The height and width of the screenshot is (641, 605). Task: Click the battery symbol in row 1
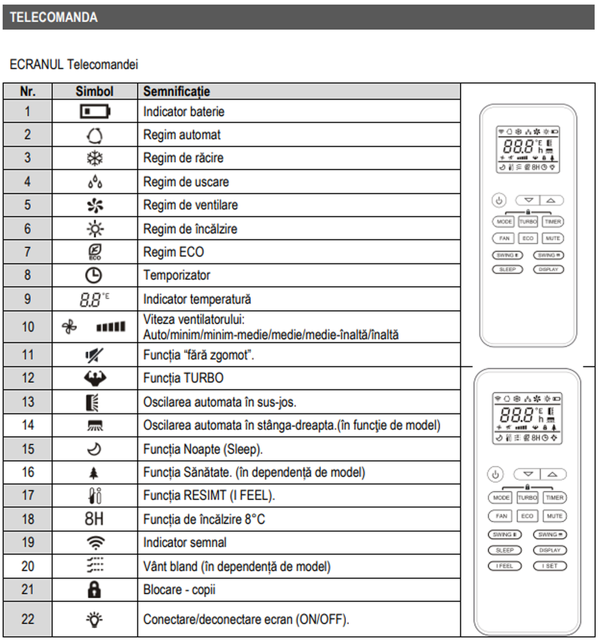coord(95,112)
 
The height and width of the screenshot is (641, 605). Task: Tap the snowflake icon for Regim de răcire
coord(95,158)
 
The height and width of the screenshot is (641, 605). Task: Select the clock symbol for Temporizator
coord(93,275)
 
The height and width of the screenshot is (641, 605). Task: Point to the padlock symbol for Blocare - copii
coord(94,590)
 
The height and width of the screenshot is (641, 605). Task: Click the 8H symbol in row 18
coord(94,519)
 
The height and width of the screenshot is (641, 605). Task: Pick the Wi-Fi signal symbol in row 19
coord(95,543)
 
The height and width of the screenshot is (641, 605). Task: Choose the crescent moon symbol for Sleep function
coord(94,449)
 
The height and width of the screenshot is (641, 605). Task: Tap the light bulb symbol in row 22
coord(95,620)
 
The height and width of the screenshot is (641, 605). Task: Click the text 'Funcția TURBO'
coord(183,378)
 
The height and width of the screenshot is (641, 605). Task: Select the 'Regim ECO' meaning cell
coord(174,252)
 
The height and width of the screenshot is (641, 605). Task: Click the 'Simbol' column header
coord(95,91)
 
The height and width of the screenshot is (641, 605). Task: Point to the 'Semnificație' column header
coord(176,91)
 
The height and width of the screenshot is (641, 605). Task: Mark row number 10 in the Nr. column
coord(28,327)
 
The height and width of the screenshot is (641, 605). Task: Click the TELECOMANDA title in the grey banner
coord(53,17)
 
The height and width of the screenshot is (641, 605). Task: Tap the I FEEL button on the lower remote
coord(504,566)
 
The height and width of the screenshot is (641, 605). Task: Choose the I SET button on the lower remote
coord(550,566)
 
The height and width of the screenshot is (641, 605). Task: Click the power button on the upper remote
coord(499,201)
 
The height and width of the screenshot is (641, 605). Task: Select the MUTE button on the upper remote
coord(553,238)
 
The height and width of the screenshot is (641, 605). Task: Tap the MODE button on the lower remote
coord(501,498)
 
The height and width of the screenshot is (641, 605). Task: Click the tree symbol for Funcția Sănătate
coord(94,473)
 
